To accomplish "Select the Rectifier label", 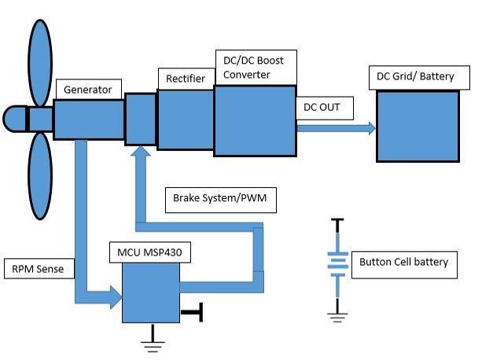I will (186, 79).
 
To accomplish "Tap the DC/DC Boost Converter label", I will (255, 67).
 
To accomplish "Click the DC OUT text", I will (322, 106).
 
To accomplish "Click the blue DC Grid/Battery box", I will (418, 126).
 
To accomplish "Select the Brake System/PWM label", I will (220, 198).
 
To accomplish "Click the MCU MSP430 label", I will (145, 252).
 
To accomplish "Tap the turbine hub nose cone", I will (13, 119).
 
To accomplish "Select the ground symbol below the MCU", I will (152, 339).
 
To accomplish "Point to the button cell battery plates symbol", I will (338, 263).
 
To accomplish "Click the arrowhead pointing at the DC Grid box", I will (370, 126).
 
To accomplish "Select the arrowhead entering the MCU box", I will (115, 297).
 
